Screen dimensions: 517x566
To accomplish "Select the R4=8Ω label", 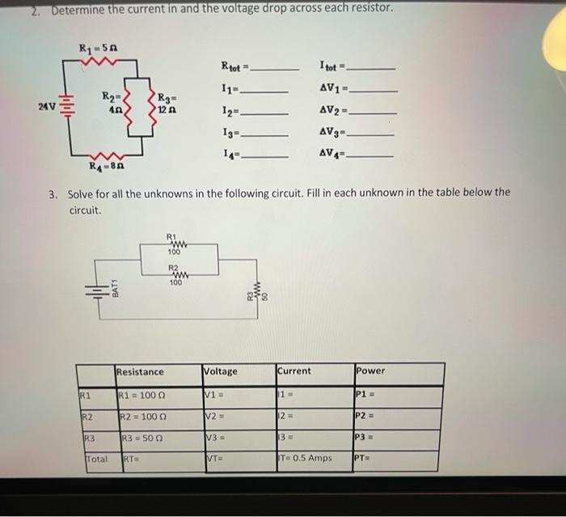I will tap(108, 166).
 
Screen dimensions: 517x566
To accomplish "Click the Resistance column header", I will tap(140, 371).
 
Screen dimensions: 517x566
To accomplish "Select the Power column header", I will tap(370, 371).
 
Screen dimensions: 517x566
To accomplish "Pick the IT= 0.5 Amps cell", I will tap(305, 457).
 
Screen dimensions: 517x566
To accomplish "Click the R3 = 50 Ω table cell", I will tap(141, 438).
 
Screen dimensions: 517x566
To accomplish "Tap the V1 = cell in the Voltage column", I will tap(214, 396).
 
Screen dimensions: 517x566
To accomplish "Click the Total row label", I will tap(97, 458).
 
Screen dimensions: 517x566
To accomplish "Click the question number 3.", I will tap(52, 193).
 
